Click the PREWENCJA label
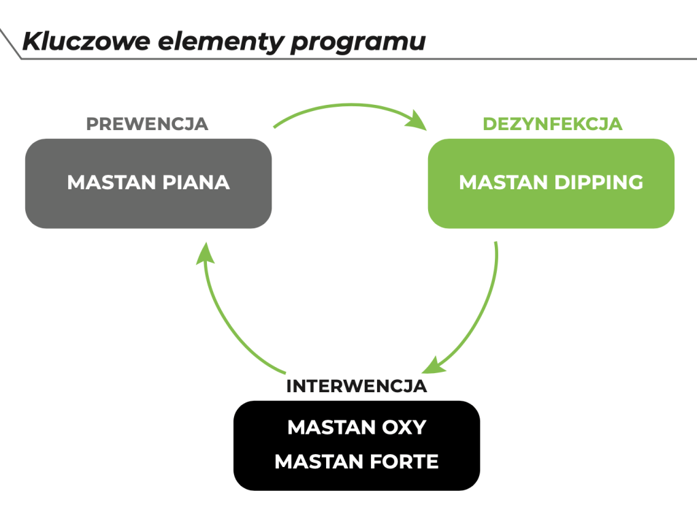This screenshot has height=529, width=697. coord(147,124)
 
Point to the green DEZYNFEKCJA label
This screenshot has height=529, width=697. coord(552,124)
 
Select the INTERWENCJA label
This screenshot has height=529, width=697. coord(356,386)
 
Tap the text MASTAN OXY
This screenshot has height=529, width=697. coord(356,428)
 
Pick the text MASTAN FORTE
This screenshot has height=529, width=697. coord(356,462)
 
